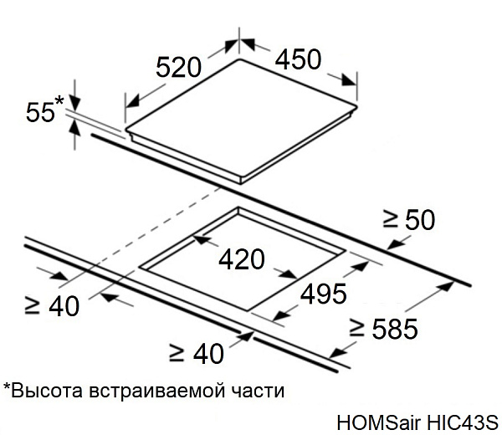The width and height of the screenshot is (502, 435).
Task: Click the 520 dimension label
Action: [x=178, y=67]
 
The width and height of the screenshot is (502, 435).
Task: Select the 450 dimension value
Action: [x=298, y=59]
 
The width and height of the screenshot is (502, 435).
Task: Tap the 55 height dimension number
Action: [x=40, y=112]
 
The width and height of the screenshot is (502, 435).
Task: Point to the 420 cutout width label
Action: [x=242, y=259]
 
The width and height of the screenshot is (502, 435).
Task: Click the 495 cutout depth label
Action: [x=323, y=294]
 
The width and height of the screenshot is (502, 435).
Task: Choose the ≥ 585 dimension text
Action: [x=383, y=329]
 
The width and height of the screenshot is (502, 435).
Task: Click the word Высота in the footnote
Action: [x=47, y=391]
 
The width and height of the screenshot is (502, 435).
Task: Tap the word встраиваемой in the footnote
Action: [x=157, y=391]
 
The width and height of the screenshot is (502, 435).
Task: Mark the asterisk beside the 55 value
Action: [x=59, y=101]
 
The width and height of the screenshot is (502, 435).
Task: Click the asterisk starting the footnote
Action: [x=7, y=386]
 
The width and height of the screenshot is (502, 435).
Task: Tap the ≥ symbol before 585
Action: [x=356, y=329]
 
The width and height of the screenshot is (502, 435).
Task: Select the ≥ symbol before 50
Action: [x=390, y=219]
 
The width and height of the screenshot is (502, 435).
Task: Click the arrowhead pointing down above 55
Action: [x=74, y=102]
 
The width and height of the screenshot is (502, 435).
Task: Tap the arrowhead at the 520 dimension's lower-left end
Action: [x=132, y=101]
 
